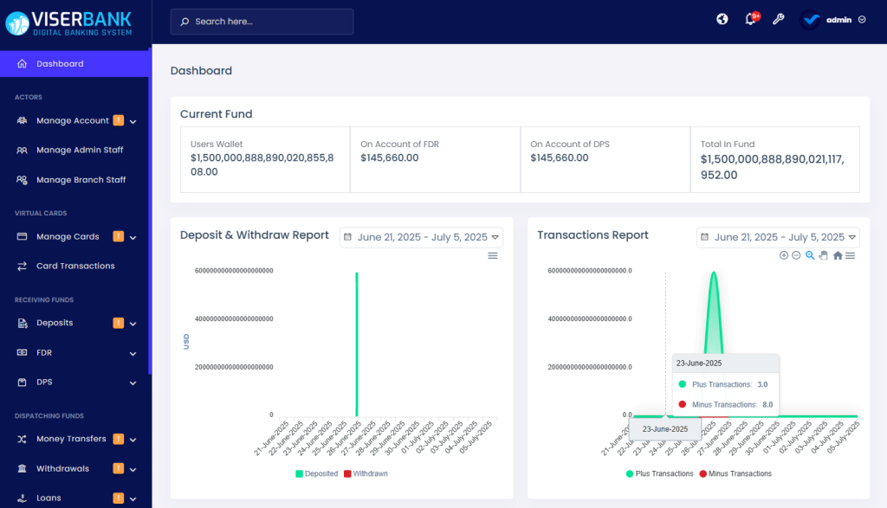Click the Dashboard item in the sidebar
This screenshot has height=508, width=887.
[x=60, y=64]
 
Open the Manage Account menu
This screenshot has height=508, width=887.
[x=73, y=121]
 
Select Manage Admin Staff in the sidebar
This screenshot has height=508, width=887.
[x=80, y=151]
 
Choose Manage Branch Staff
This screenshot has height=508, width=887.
[x=81, y=180]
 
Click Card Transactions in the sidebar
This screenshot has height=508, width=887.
[x=75, y=267]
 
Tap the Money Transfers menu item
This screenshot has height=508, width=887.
[x=71, y=439]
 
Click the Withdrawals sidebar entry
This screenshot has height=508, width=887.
[x=62, y=469]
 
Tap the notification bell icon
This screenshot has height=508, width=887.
[x=750, y=20]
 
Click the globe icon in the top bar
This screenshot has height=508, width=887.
[x=722, y=20]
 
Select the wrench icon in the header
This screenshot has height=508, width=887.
[x=778, y=20]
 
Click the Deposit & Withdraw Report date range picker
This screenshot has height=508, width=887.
[x=422, y=237]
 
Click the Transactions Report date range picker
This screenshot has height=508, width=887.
[x=779, y=237]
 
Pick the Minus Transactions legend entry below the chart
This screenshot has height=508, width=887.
[x=735, y=474]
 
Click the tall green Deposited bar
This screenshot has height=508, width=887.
[x=357, y=346]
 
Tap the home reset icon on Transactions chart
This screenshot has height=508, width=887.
[x=838, y=255]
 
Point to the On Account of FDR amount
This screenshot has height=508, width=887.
[x=390, y=158]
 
